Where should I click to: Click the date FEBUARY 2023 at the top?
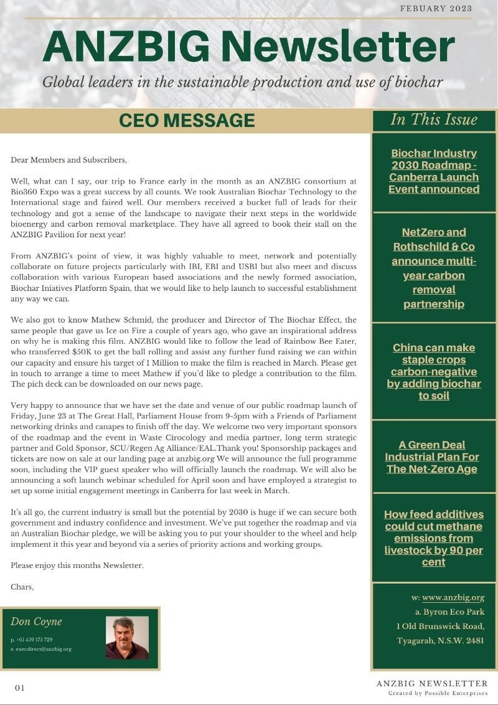[x=436, y=9]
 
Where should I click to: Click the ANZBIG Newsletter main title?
[x=248, y=47]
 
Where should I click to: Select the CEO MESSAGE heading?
[x=187, y=120]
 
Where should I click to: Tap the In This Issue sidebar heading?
[x=434, y=120]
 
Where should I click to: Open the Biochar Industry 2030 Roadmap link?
[x=434, y=171]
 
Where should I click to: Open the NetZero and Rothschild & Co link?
[x=434, y=268]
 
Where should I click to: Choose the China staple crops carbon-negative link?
[x=434, y=371]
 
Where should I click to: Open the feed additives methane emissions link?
[x=434, y=538]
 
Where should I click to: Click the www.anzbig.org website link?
[x=453, y=597]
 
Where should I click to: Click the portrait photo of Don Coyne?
[x=127, y=638]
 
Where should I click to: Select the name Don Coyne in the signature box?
[x=36, y=622]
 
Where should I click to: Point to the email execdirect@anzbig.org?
[x=42, y=649]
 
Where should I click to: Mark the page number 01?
[x=20, y=688]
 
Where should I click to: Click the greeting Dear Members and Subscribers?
[x=68, y=160]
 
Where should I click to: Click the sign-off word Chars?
[x=22, y=587]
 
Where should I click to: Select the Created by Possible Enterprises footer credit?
[x=438, y=693]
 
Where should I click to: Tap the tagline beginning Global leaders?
[x=243, y=82]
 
